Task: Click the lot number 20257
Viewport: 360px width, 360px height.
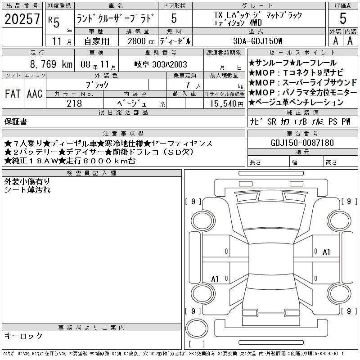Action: pos(22,18)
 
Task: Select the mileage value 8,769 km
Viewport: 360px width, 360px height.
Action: pos(51,64)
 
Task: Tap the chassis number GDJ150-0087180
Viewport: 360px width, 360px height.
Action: pos(302,143)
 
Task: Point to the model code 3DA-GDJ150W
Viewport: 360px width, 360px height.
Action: pos(257,41)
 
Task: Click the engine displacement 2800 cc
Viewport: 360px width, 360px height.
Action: pos(141,41)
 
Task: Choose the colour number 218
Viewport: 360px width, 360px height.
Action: pos(74,103)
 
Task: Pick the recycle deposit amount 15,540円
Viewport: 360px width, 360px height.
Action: pos(227,104)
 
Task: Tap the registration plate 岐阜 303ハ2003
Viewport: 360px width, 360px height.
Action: pos(161,64)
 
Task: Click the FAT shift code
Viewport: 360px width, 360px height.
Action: pos(13,94)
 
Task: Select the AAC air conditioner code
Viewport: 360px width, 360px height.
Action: pos(35,94)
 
